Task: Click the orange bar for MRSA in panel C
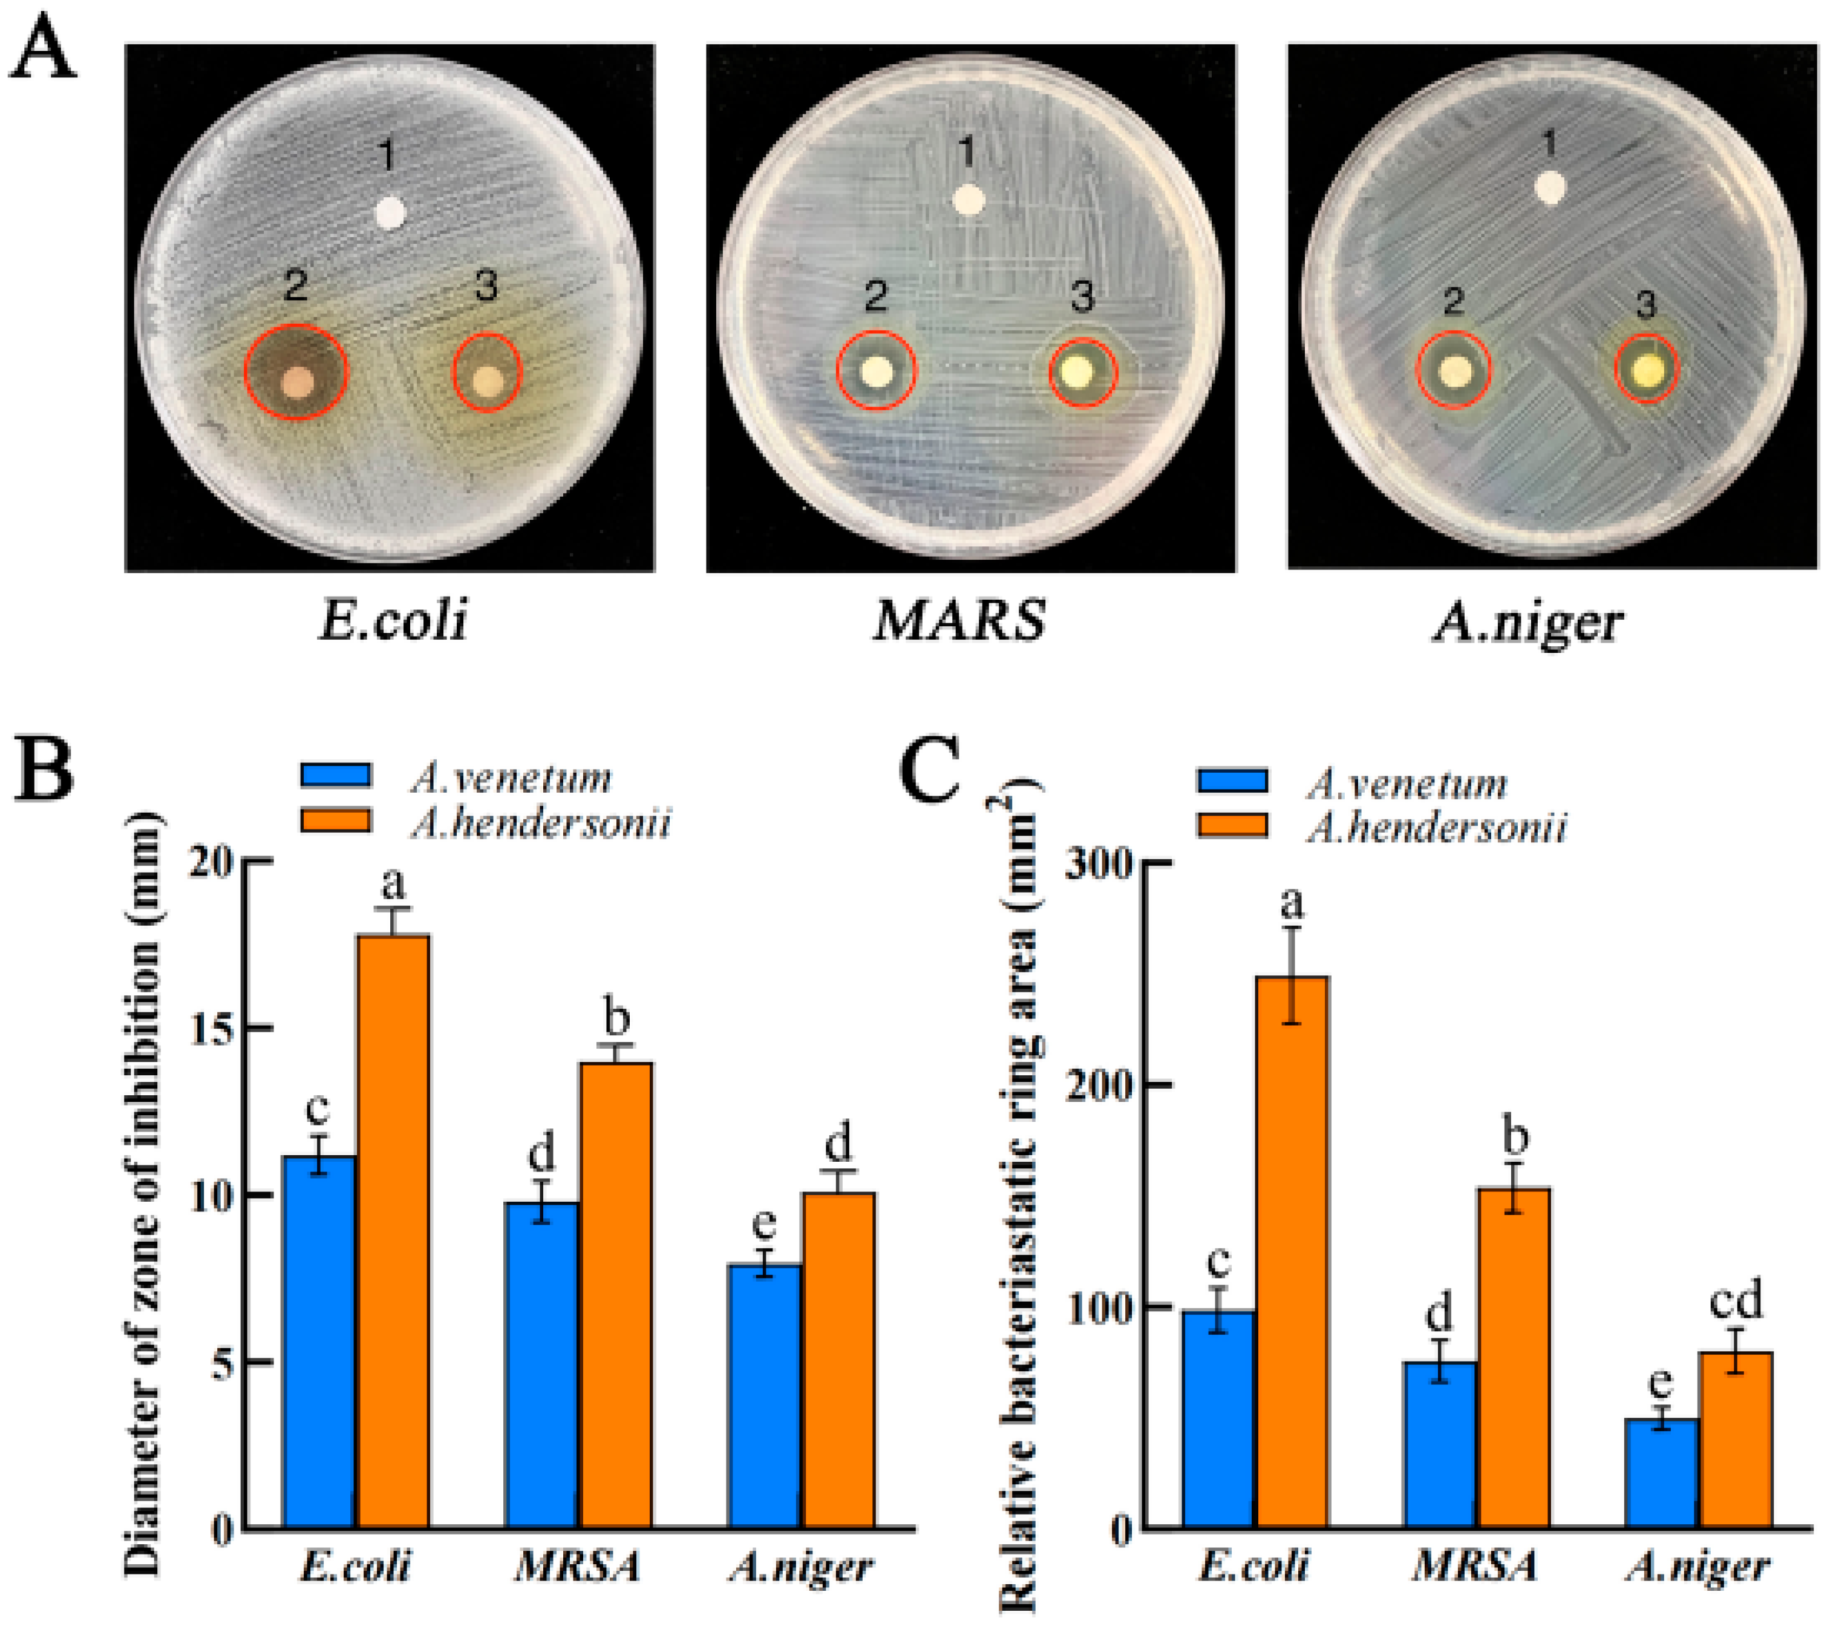point(1514,1357)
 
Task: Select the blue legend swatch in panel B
point(335,775)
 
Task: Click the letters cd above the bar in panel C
point(1735,1302)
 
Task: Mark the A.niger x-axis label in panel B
point(800,1568)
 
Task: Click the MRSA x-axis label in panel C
point(1474,1568)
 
